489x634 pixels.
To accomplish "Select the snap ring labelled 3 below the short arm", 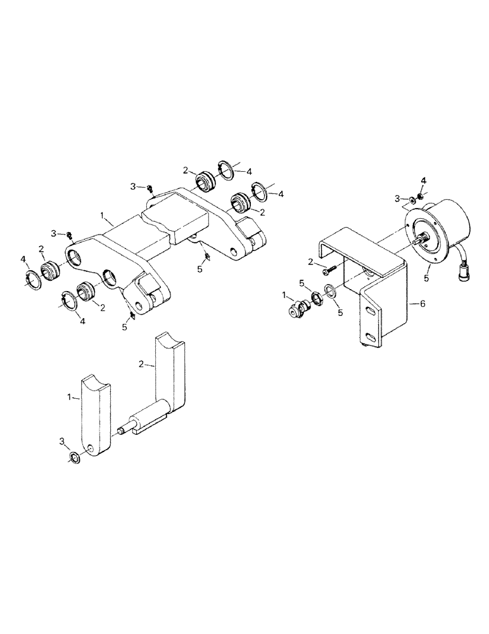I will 74,457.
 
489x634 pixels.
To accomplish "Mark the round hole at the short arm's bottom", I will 92,450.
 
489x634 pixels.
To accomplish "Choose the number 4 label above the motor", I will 423,181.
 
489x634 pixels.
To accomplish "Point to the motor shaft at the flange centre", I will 419,240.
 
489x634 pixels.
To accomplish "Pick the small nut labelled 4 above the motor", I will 421,192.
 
